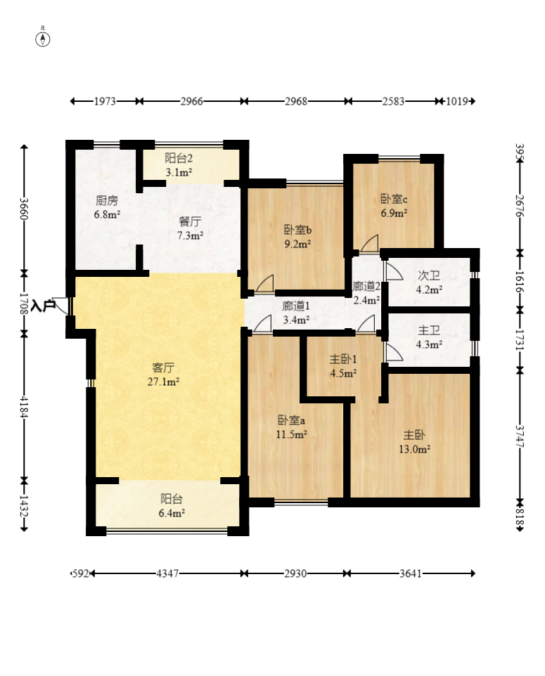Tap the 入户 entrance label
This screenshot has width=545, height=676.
[43, 306]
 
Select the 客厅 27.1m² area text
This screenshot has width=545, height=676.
[164, 375]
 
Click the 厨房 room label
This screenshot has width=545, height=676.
[107, 201]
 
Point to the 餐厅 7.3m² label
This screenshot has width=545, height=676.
[191, 228]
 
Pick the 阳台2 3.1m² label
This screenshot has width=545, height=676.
[179, 165]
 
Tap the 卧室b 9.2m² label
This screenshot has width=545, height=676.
[297, 237]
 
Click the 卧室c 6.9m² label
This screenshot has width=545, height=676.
[394, 206]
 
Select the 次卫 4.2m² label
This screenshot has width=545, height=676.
[429, 282]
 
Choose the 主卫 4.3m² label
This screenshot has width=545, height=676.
[429, 337]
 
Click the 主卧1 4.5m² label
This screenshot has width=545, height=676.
[343, 366]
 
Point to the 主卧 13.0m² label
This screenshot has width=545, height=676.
[414, 442]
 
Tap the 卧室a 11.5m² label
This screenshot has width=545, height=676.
[292, 427]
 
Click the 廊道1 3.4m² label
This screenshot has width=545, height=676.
[297, 313]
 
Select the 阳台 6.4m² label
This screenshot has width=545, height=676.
[172, 506]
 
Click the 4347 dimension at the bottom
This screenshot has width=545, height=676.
[167, 574]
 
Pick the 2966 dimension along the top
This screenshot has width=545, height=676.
[191, 101]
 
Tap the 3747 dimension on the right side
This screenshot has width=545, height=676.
[520, 436]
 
